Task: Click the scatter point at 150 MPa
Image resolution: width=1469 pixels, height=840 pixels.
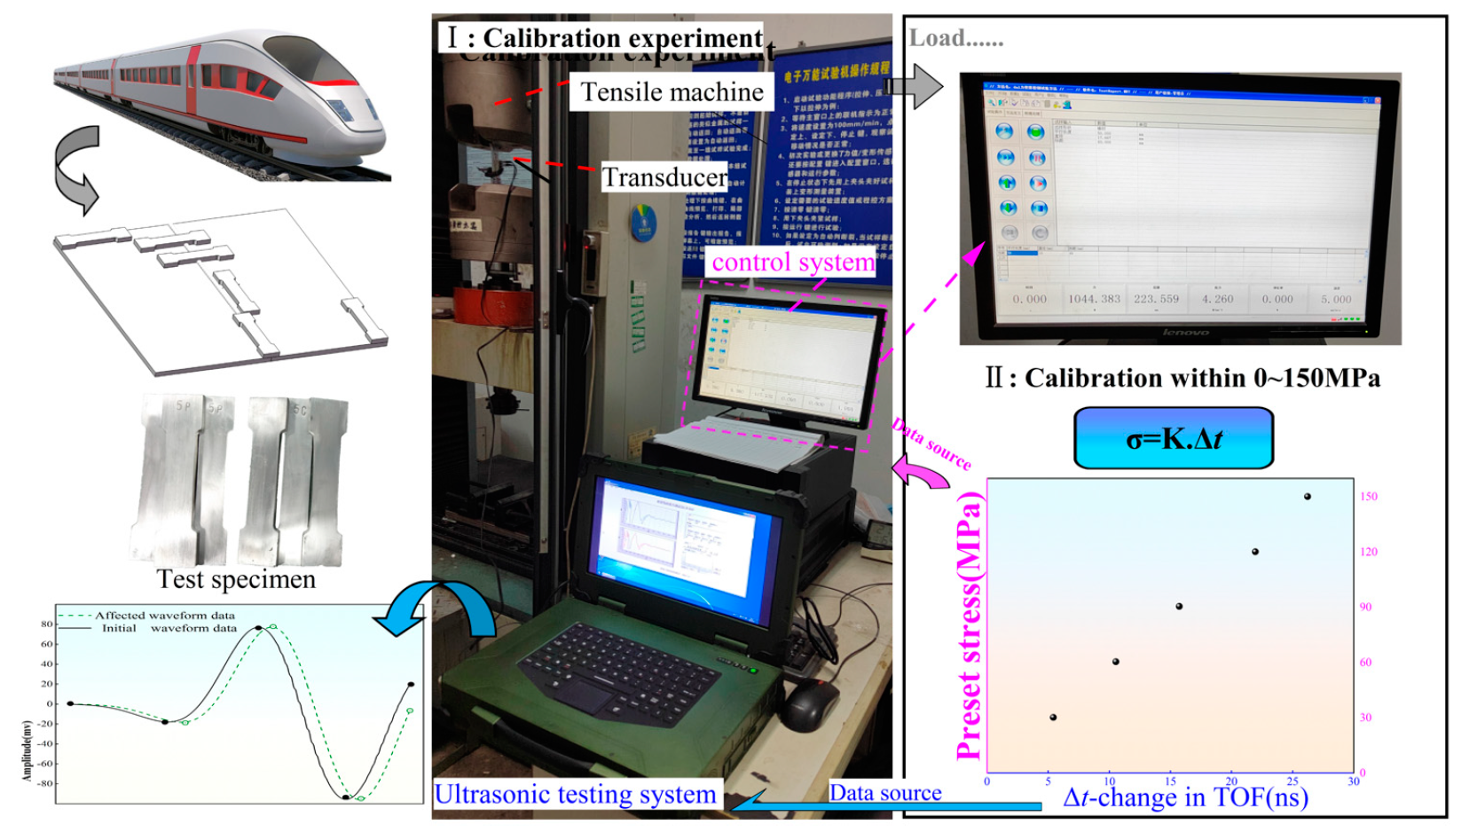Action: pyautogui.click(x=1307, y=497)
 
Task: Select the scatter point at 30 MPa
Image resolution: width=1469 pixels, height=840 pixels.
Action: pyautogui.click(x=1053, y=718)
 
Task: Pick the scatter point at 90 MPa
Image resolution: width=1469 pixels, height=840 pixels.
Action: pyautogui.click(x=1179, y=607)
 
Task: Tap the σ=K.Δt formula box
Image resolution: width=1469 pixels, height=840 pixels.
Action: pyautogui.click(x=1173, y=438)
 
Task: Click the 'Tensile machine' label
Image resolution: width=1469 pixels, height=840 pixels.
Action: pyautogui.click(x=672, y=92)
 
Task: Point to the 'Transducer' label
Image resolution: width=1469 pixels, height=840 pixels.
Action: pyautogui.click(x=664, y=177)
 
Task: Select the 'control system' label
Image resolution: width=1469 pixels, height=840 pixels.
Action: pyautogui.click(x=793, y=263)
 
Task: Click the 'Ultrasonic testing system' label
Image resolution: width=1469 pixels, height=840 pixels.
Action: pyautogui.click(x=575, y=795)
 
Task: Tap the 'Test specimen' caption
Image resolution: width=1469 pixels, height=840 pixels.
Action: pyautogui.click(x=236, y=579)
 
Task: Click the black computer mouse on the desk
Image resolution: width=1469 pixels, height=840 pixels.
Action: pyautogui.click(x=809, y=707)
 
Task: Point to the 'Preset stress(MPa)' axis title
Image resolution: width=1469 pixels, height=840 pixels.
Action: pyautogui.click(x=970, y=626)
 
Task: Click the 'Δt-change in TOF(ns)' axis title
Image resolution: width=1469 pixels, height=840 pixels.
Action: pyautogui.click(x=1185, y=797)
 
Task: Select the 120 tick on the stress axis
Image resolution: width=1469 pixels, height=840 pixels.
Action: pyautogui.click(x=1369, y=552)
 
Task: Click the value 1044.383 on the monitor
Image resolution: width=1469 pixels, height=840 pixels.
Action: pyautogui.click(x=1094, y=299)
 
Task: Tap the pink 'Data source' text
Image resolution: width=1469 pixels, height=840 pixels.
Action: pyautogui.click(x=931, y=444)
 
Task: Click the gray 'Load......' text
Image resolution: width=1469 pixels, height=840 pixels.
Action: pyautogui.click(x=955, y=39)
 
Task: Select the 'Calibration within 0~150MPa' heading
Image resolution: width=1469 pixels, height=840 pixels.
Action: pyautogui.click(x=1182, y=378)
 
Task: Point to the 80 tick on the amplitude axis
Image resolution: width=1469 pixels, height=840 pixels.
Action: pyautogui.click(x=47, y=624)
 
